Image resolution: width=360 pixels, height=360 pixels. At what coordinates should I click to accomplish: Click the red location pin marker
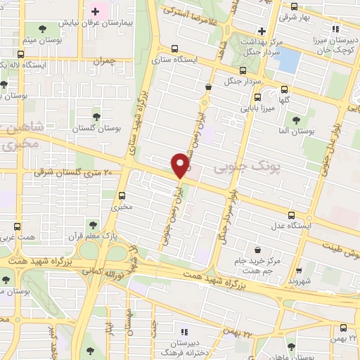pyautogui.click(x=181, y=165)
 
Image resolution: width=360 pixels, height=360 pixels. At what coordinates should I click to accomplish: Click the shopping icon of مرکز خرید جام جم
pyautogui.click(x=259, y=250)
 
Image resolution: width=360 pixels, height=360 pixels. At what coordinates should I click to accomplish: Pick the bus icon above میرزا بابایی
pyautogui.click(x=257, y=98)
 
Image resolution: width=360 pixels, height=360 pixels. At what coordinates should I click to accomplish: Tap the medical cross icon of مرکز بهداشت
pyautogui.click(x=262, y=31)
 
